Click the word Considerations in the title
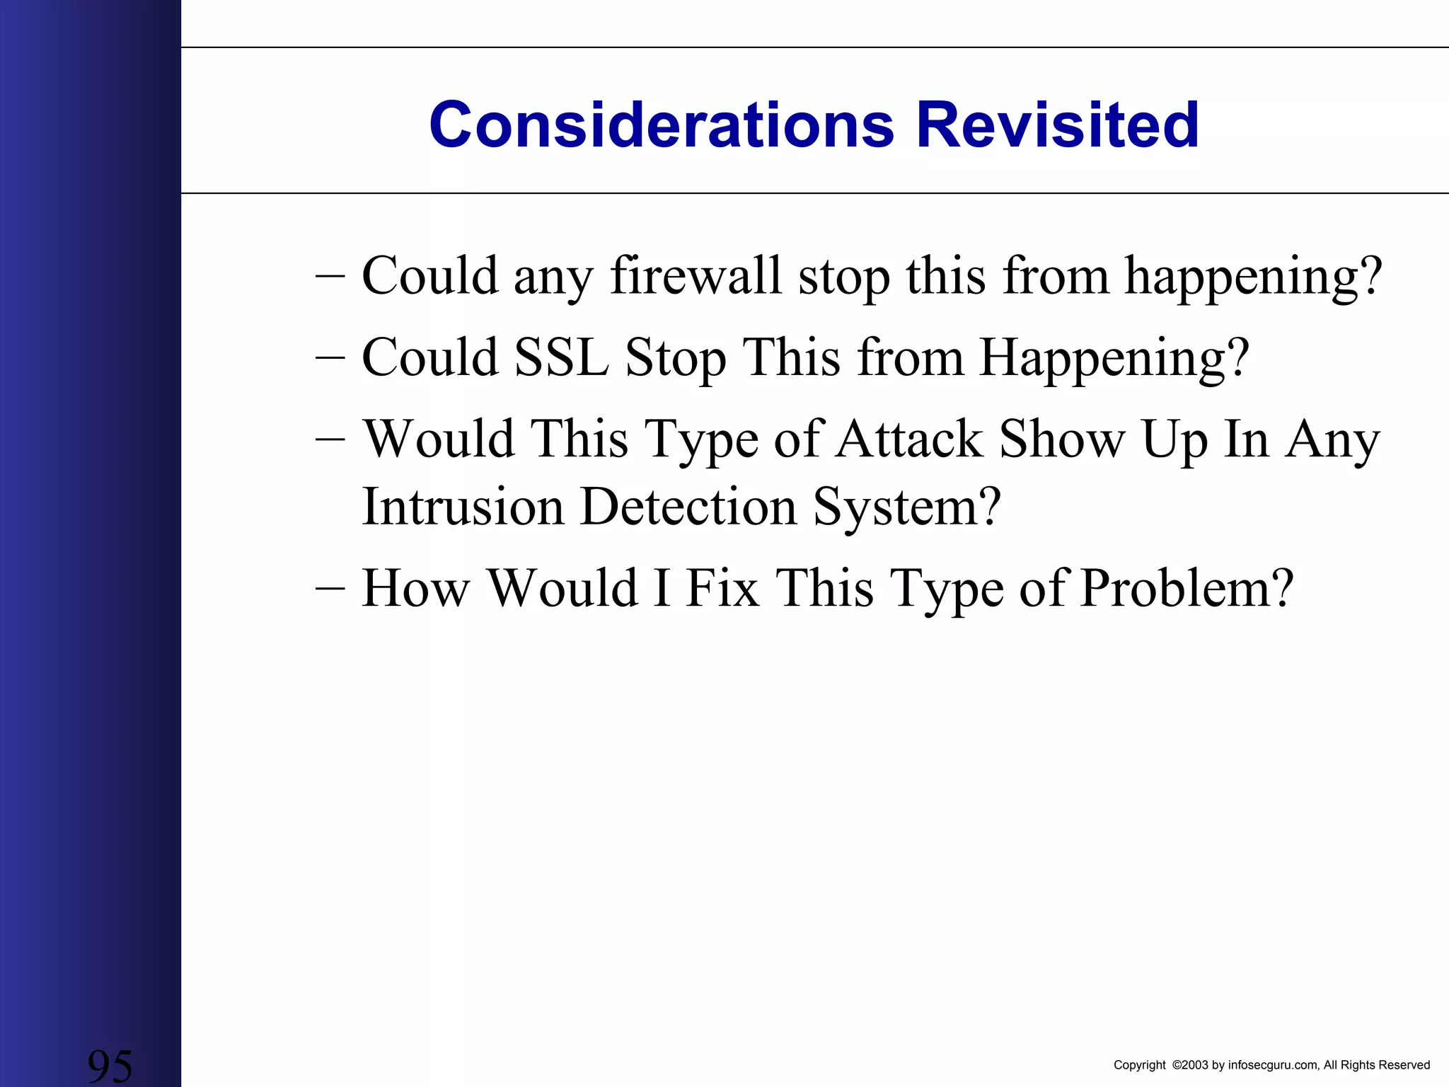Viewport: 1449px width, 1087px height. [661, 125]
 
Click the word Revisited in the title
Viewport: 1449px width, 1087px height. [1057, 125]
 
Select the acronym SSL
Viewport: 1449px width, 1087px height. [561, 357]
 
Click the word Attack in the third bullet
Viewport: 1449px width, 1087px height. [909, 439]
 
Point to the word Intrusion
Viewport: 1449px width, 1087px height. [463, 507]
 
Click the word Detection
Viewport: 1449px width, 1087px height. [688, 507]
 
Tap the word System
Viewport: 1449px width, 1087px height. [907, 507]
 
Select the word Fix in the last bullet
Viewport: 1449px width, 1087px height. [722, 588]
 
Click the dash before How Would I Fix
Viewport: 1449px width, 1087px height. [330, 588]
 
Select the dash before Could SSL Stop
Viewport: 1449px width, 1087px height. [330, 357]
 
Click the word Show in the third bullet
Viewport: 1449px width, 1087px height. [1061, 439]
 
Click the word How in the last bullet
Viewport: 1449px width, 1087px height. [415, 588]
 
